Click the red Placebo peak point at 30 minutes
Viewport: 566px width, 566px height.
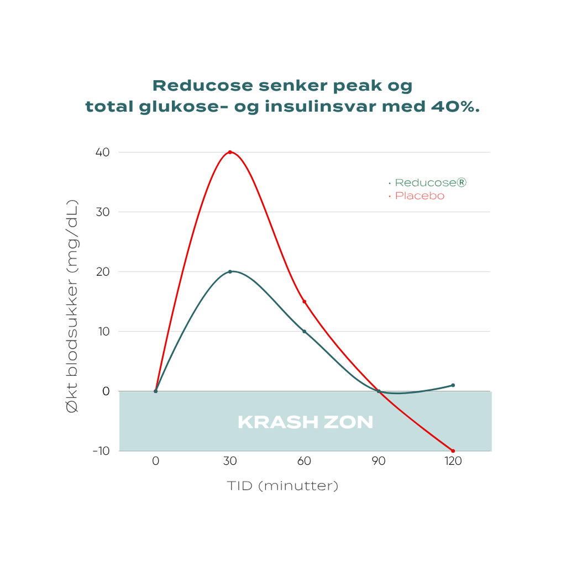[x=230, y=152]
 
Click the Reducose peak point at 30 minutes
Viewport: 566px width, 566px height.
[x=230, y=271]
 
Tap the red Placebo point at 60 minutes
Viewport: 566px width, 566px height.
[x=304, y=302]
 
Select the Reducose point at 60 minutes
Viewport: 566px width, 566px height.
[x=304, y=332]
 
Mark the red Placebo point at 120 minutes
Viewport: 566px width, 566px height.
[x=453, y=451]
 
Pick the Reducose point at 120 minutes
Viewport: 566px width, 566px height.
[x=453, y=385]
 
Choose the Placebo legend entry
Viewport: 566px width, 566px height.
[x=419, y=196]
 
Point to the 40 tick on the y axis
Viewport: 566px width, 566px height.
[x=102, y=152]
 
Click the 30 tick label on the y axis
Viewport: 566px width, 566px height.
[x=102, y=212]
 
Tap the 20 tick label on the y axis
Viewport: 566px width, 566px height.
[x=102, y=271]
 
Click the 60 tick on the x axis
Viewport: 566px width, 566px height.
[x=304, y=462]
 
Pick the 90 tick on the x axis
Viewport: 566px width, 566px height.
[x=379, y=462]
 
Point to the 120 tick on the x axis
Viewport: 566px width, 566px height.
[x=453, y=462]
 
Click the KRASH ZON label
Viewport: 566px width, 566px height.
[x=305, y=423]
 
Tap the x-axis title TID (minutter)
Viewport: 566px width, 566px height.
[x=282, y=486]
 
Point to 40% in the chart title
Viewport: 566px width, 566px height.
[x=455, y=107]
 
